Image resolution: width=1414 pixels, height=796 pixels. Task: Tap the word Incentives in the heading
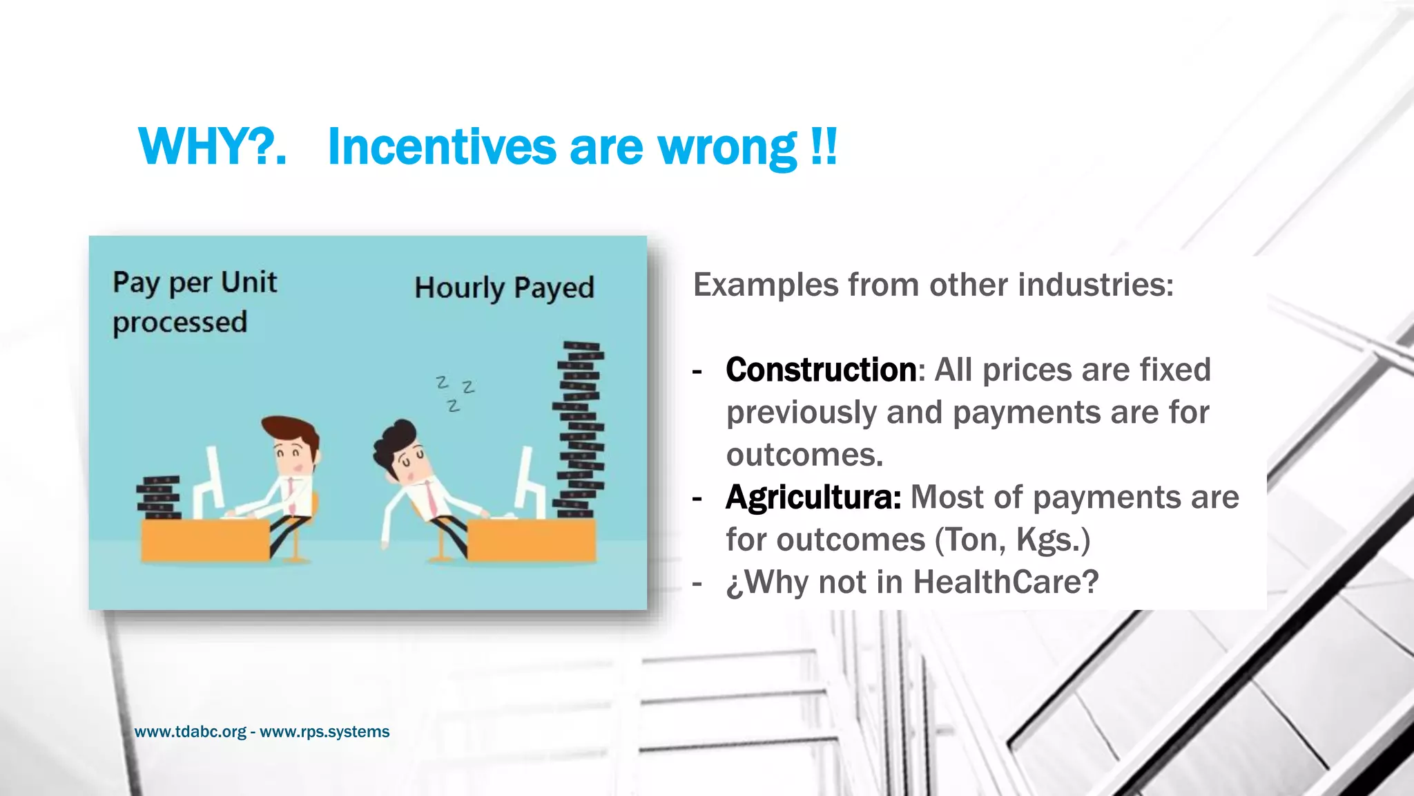[442, 147]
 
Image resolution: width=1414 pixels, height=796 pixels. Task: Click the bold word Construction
[821, 370]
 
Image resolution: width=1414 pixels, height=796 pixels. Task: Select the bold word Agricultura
[813, 497]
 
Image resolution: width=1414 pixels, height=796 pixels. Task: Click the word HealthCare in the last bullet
[1005, 582]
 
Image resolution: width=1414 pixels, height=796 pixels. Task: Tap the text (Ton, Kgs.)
[1012, 540]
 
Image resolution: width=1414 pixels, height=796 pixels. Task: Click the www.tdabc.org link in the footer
[190, 732]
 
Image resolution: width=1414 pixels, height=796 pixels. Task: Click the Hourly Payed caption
[504, 288]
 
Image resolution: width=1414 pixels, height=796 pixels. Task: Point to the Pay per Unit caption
[195, 283]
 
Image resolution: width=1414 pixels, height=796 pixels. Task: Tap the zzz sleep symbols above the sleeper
[455, 392]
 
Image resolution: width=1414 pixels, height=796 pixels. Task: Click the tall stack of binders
[579, 428]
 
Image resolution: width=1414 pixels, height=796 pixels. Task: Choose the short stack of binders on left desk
[159, 497]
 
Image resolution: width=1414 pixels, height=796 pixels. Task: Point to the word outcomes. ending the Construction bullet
[804, 455]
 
